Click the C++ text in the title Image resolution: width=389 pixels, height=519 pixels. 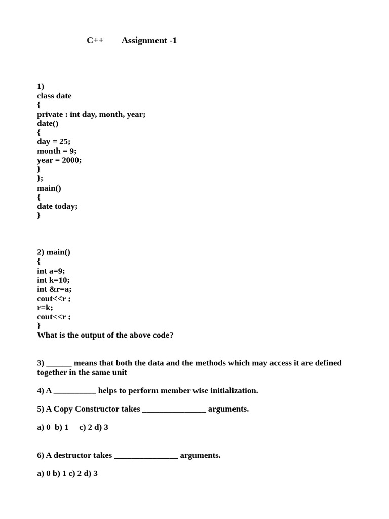click(x=95, y=41)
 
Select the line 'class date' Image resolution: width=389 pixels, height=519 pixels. click(x=54, y=96)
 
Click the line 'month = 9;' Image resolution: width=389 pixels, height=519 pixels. click(x=57, y=151)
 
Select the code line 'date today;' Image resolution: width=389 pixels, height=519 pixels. click(x=57, y=206)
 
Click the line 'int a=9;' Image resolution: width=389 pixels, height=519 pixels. click(x=51, y=271)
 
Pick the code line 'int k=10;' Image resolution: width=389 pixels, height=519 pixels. click(x=53, y=280)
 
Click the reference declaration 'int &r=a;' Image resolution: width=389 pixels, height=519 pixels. click(x=54, y=289)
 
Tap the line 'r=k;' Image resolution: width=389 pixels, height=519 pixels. click(x=45, y=308)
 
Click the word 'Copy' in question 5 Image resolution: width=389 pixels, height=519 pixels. click(x=63, y=409)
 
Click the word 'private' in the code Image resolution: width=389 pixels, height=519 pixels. click(x=50, y=114)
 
